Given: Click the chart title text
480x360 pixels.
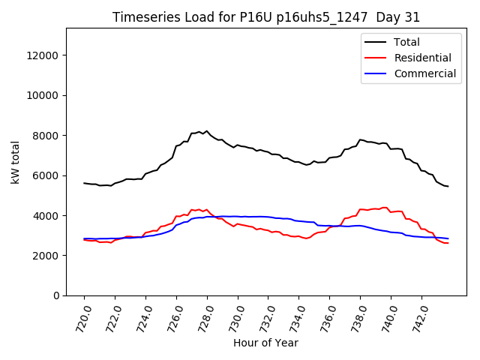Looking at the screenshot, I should (x=266, y=17).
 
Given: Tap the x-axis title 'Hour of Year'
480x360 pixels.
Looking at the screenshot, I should (x=265, y=343).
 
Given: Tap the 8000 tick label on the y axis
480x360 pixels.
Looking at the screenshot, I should (x=47, y=136).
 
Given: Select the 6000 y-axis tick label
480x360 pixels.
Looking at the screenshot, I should (x=47, y=175).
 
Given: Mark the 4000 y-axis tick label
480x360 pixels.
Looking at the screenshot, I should (x=47, y=216).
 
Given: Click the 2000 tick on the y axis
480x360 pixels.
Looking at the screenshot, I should (x=47, y=256).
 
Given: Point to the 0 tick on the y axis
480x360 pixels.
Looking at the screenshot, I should (x=56, y=295).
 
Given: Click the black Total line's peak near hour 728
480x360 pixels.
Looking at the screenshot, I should (x=207, y=131).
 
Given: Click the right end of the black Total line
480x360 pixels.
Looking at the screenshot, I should (x=448, y=186).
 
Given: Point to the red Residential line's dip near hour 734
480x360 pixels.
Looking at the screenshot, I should (x=306, y=238).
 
